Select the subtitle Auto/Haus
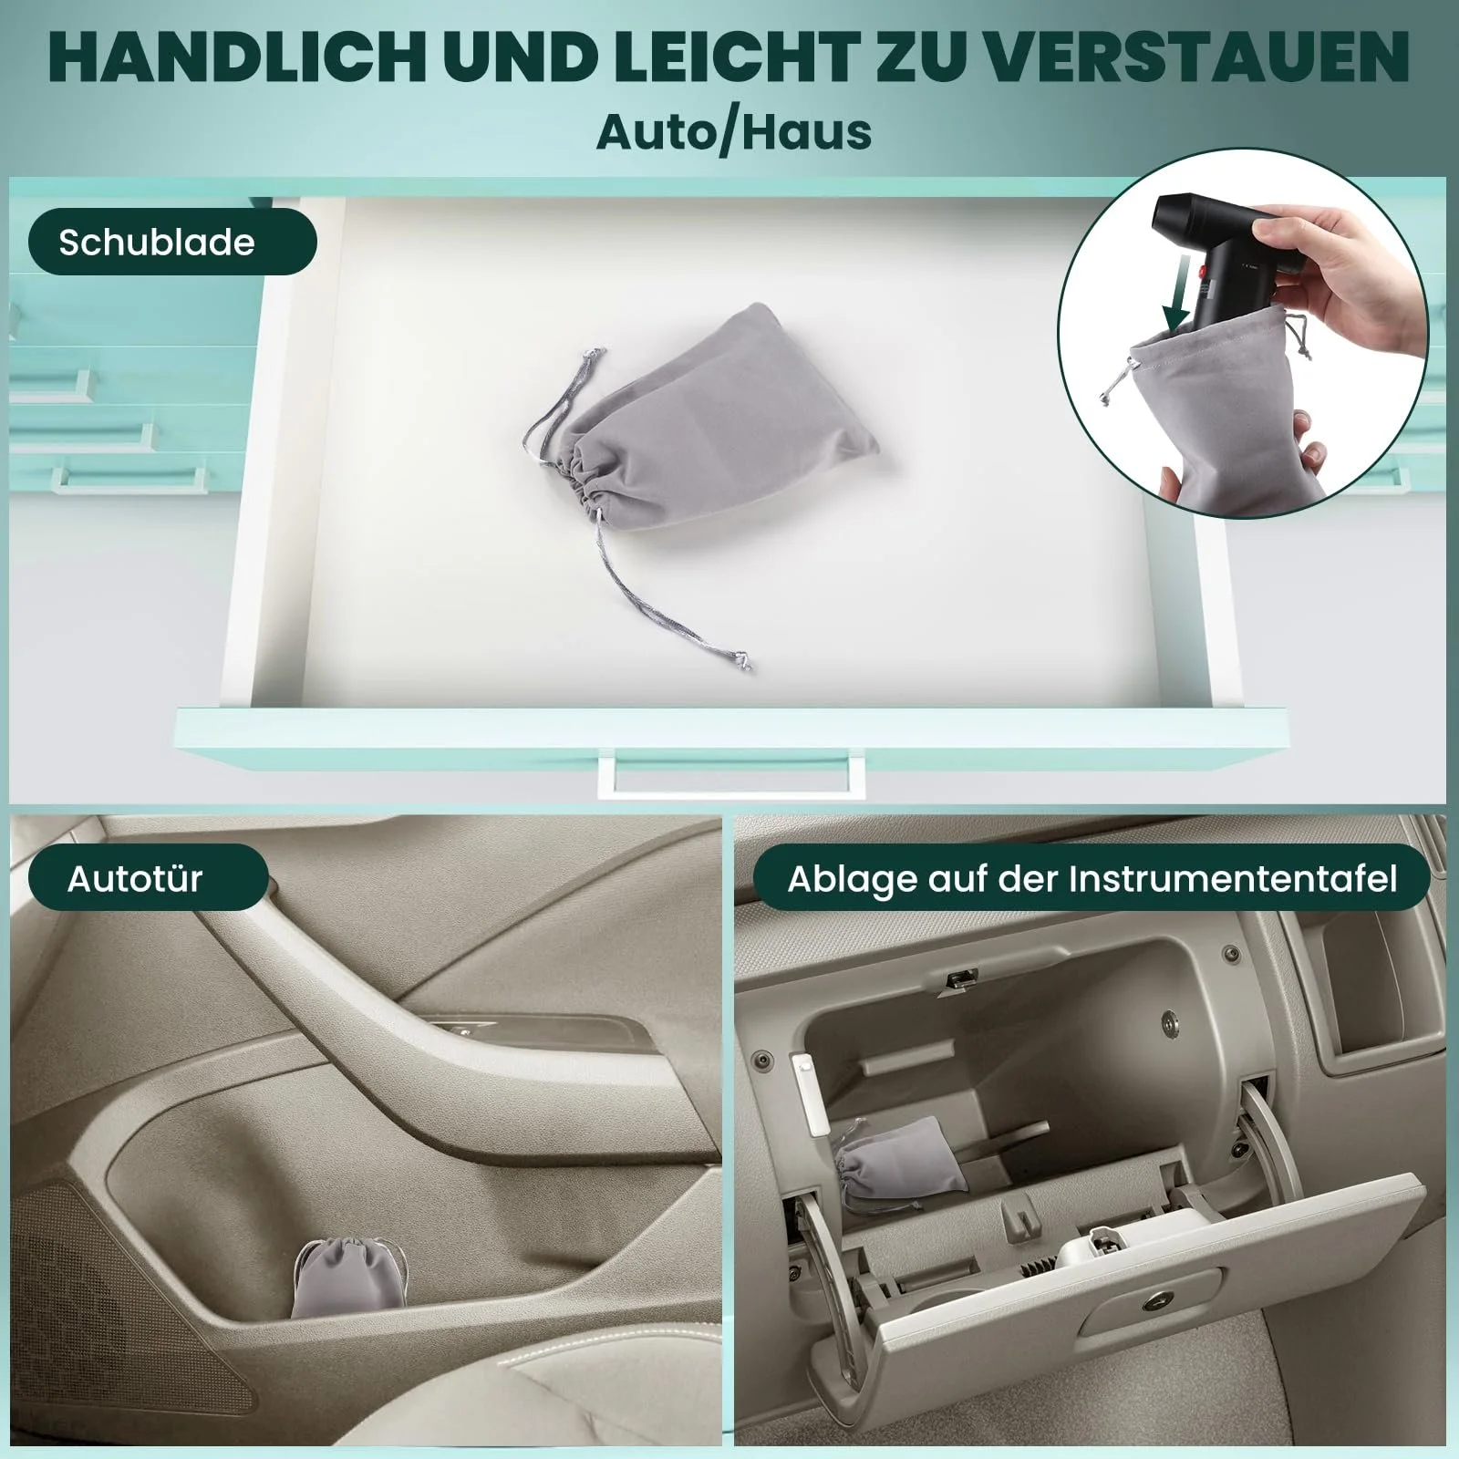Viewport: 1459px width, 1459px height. click(734, 130)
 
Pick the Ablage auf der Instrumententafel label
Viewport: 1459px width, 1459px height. click(1092, 877)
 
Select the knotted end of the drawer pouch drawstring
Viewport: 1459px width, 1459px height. click(745, 659)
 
